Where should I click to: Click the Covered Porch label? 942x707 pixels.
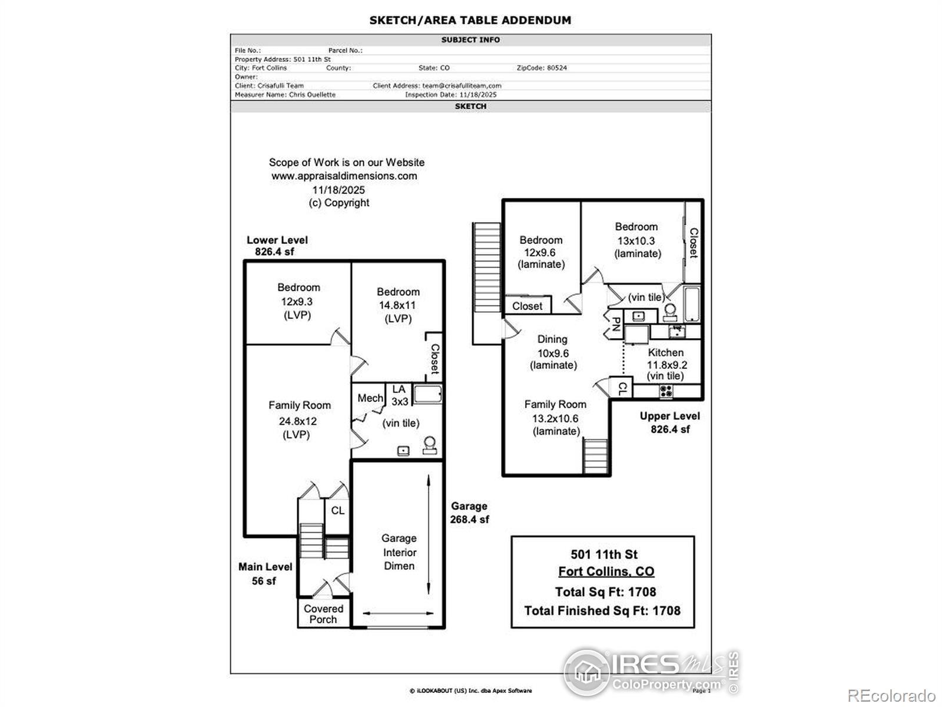pyautogui.click(x=323, y=614)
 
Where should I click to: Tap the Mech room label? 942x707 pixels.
pyautogui.click(x=370, y=398)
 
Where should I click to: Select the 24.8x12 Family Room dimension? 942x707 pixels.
pyautogui.click(x=298, y=421)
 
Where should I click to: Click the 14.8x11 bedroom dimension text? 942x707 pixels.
pyautogui.click(x=397, y=305)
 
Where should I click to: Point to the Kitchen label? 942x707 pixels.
pyautogui.click(x=666, y=352)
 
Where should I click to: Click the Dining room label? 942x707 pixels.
pyautogui.click(x=552, y=339)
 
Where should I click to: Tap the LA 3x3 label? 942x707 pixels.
pyautogui.click(x=399, y=395)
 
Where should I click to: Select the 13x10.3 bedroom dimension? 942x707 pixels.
pyautogui.click(x=636, y=240)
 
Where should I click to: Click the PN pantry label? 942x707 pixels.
pyautogui.click(x=615, y=324)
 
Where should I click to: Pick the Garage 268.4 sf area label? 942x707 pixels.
pyautogui.click(x=469, y=513)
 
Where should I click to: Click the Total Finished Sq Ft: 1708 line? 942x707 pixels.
pyautogui.click(x=602, y=610)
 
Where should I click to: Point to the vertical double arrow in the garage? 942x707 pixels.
pyautogui.click(x=429, y=536)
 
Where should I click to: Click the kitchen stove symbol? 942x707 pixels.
pyautogui.click(x=666, y=391)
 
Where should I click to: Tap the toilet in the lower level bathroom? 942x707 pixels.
pyautogui.click(x=430, y=445)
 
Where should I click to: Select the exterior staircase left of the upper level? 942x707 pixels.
pyautogui.click(x=487, y=283)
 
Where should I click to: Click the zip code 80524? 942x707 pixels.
pyautogui.click(x=556, y=68)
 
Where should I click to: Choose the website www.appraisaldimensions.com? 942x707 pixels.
pyautogui.click(x=344, y=176)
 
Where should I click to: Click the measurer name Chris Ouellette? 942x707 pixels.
pyautogui.click(x=312, y=94)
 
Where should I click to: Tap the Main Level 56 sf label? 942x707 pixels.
pyautogui.click(x=265, y=573)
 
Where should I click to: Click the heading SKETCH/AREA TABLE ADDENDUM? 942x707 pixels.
pyautogui.click(x=470, y=20)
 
